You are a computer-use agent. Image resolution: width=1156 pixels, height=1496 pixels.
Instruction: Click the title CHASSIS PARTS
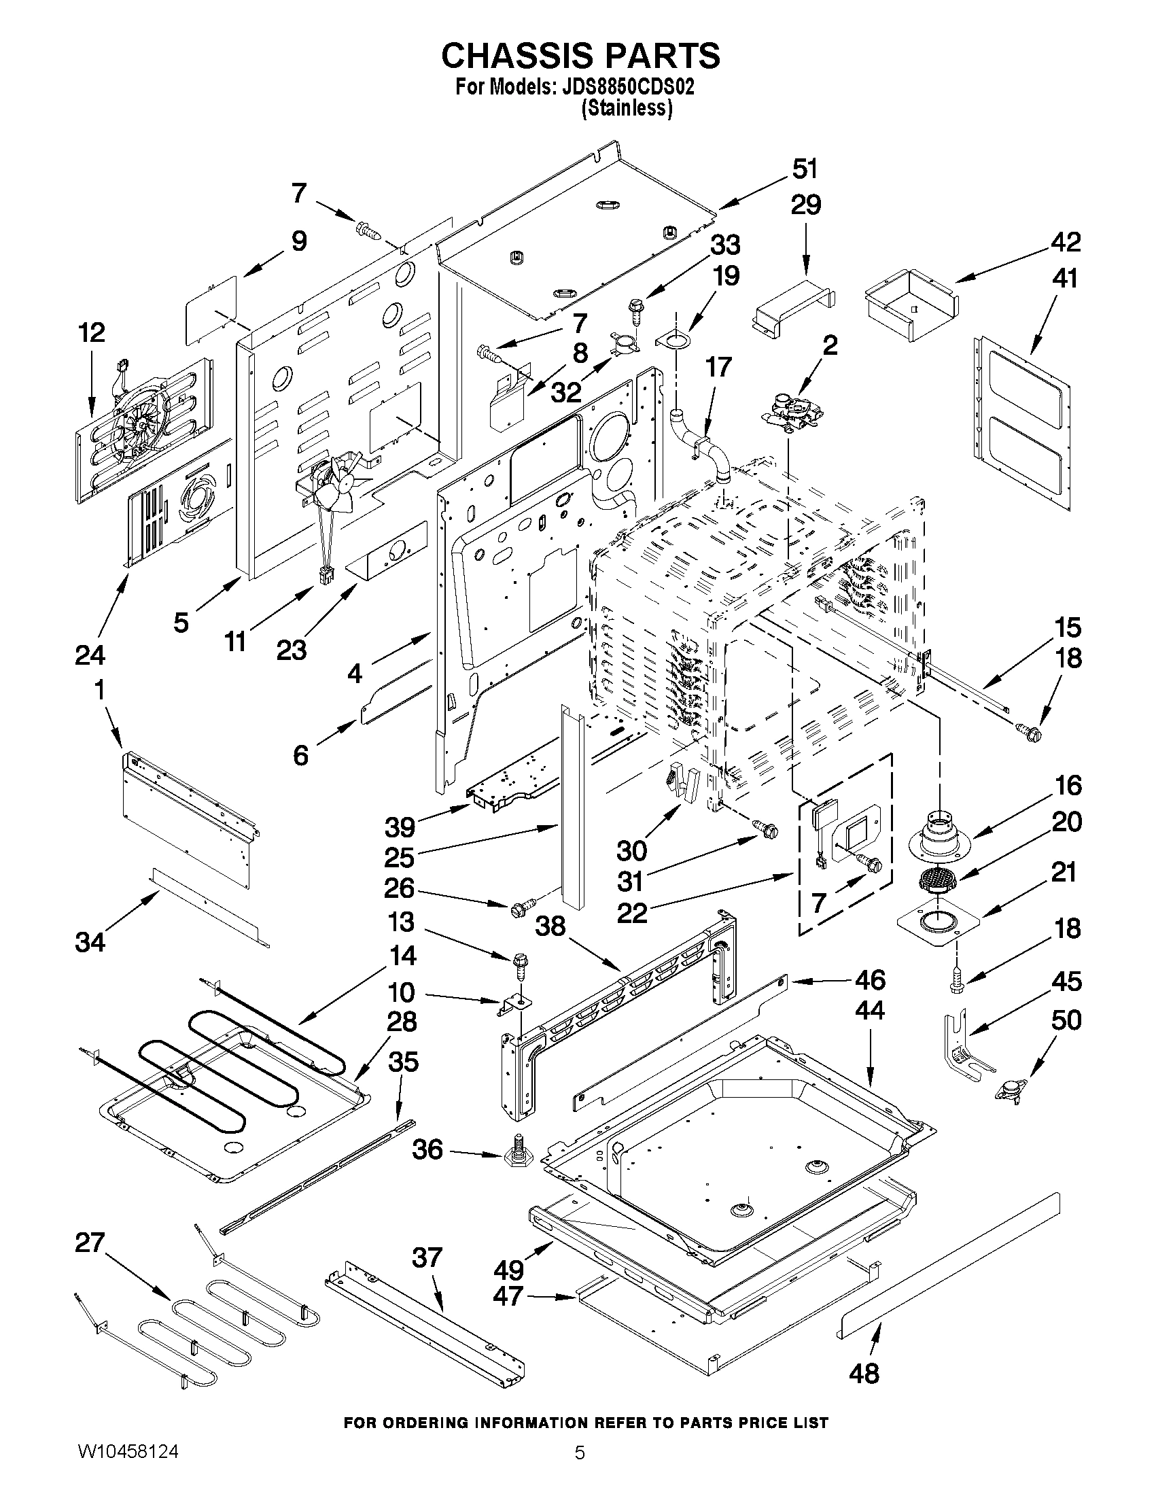tap(580, 56)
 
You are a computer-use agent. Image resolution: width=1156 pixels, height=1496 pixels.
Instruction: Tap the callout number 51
tap(805, 169)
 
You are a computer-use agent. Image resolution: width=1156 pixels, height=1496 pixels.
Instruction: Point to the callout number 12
tap(91, 333)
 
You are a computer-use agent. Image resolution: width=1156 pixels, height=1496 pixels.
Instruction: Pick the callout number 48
tap(864, 1372)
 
